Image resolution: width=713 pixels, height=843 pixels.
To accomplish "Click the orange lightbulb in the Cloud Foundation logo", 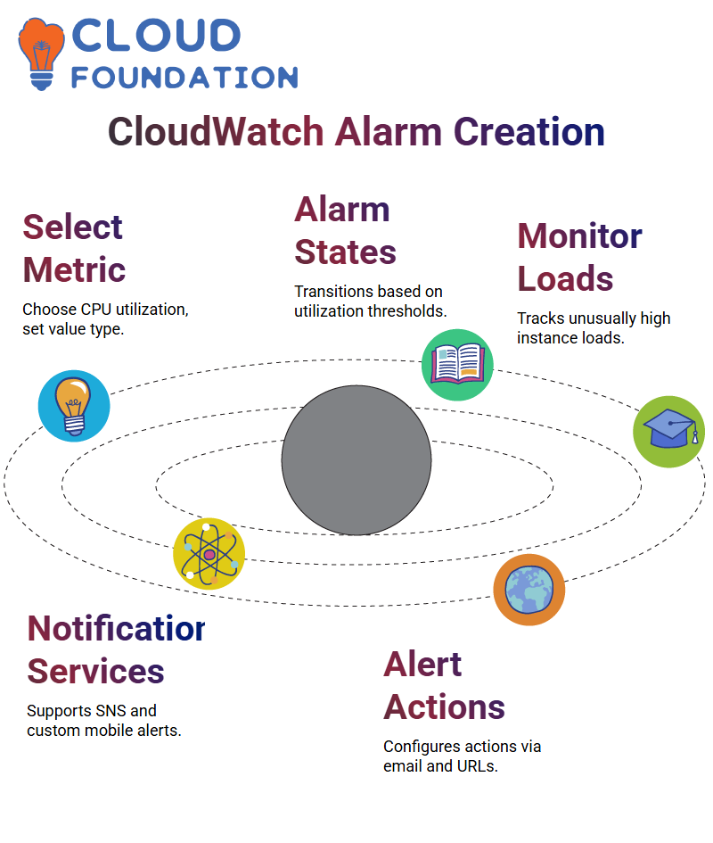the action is pyautogui.click(x=41, y=54).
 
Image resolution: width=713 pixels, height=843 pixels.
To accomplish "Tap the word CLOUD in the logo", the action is pyautogui.click(x=156, y=36).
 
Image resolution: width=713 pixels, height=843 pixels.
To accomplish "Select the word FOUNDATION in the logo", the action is pyautogui.click(x=184, y=78).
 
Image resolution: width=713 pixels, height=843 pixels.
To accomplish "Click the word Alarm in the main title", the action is pyautogui.click(x=388, y=132).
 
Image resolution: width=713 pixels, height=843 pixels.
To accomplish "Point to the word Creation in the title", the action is pyautogui.click(x=529, y=132).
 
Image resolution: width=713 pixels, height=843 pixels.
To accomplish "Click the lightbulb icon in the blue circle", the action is pyautogui.click(x=74, y=407).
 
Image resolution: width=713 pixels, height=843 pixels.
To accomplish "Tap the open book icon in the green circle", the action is pyautogui.click(x=457, y=365).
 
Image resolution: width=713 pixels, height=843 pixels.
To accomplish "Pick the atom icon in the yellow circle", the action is pyautogui.click(x=209, y=554).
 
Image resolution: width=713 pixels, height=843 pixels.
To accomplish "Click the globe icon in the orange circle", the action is pyautogui.click(x=529, y=591).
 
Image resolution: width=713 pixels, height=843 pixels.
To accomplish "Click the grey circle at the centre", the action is pyautogui.click(x=356, y=460).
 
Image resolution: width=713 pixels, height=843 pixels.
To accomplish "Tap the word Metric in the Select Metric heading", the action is pyautogui.click(x=74, y=269).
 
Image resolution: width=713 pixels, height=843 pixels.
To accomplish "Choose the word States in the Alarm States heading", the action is pyautogui.click(x=346, y=252).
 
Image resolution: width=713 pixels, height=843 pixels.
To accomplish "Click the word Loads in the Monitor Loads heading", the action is pyautogui.click(x=565, y=278).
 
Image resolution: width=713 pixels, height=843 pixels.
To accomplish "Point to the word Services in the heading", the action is pyautogui.click(x=95, y=671).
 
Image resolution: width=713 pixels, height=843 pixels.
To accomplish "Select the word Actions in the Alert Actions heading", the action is pyautogui.click(x=445, y=707).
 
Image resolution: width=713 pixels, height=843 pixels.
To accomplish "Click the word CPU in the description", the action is pyautogui.click(x=96, y=310).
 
